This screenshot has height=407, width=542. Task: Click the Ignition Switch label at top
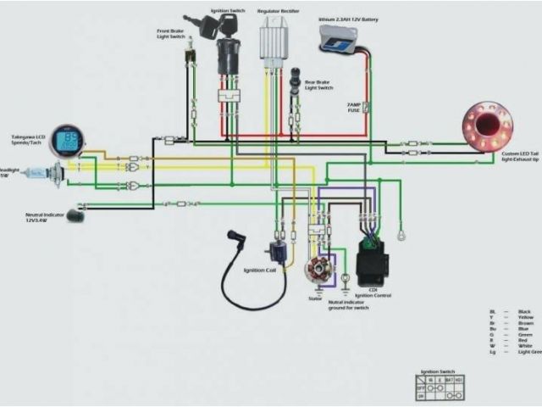pos(228,10)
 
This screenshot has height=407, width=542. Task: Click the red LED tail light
pos(487,126)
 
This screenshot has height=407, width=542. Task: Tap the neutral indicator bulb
pos(76,215)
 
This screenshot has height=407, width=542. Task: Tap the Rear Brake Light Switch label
pos(318,85)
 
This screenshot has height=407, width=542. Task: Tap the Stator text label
pos(315,298)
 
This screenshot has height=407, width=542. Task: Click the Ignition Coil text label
pos(260,270)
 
